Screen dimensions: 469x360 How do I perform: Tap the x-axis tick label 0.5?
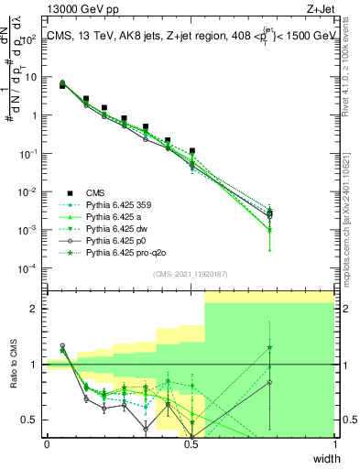click(191, 444)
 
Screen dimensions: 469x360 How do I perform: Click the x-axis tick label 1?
click(334, 444)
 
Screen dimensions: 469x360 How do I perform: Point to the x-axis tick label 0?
click(47, 444)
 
